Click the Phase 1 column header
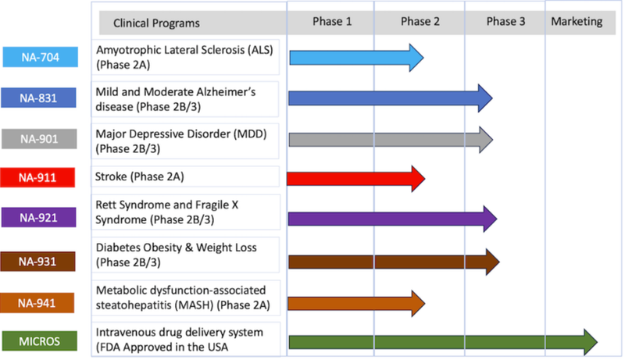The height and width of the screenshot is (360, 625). (x=332, y=22)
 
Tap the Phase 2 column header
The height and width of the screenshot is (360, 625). (x=420, y=22)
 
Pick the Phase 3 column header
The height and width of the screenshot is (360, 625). (x=505, y=22)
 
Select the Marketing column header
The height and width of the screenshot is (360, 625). (x=577, y=22)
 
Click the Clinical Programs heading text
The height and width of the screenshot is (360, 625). (x=156, y=23)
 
